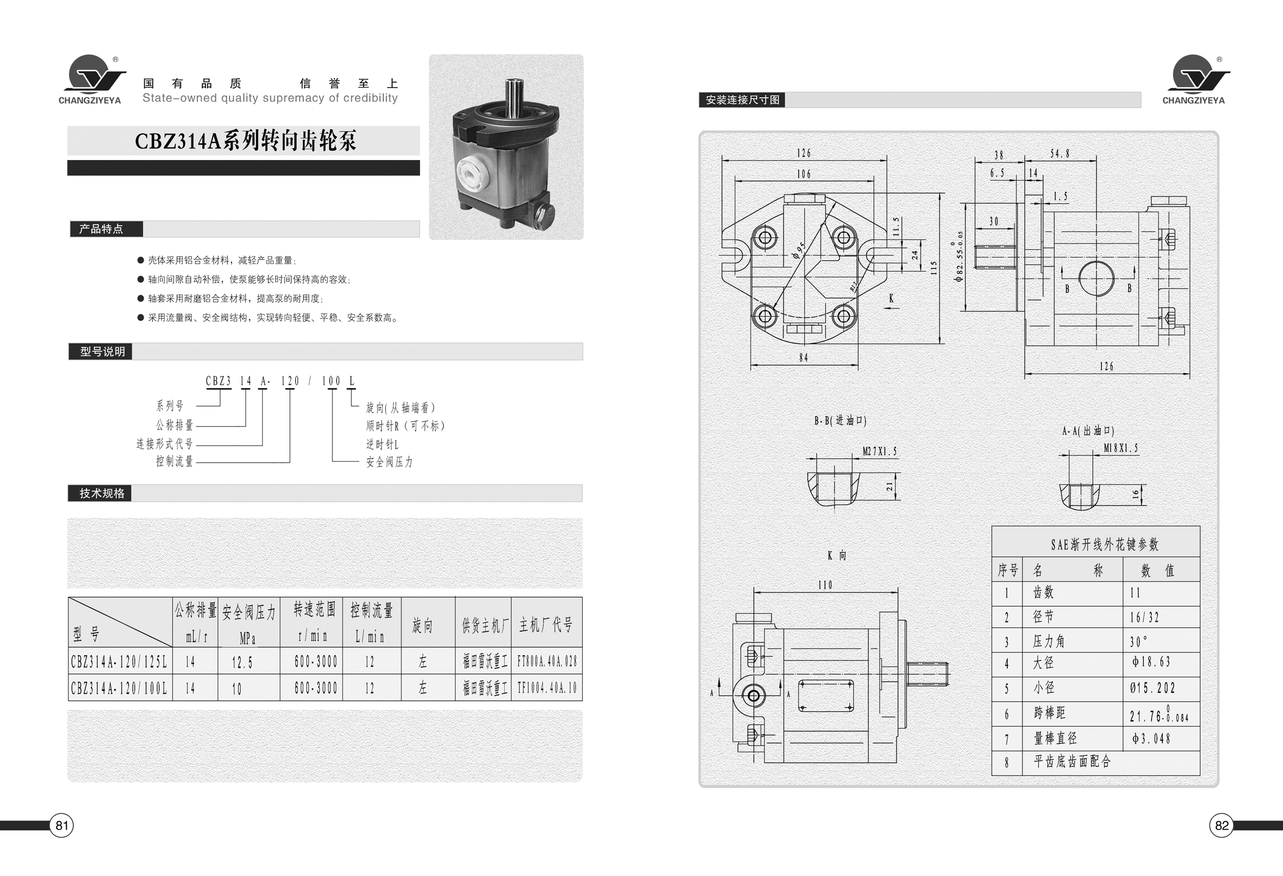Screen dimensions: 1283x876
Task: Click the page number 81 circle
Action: [61, 825]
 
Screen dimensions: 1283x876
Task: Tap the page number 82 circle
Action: [1222, 825]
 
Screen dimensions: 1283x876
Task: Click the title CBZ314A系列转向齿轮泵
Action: [246, 141]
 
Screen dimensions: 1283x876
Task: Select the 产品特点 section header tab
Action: [106, 229]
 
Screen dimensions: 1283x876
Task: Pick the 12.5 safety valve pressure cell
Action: [242, 662]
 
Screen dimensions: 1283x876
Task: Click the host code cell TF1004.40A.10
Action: [547, 688]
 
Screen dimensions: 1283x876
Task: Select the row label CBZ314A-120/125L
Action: [119, 661]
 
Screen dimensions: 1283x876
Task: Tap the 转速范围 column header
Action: [314, 609]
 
